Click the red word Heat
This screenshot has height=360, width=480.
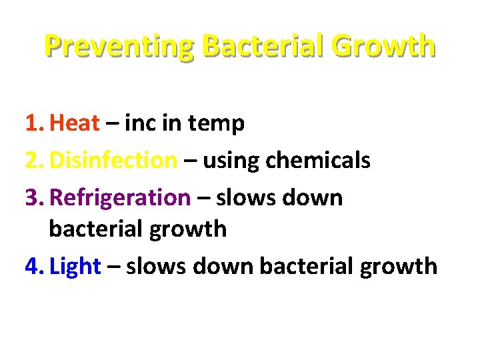pyautogui.click(x=75, y=123)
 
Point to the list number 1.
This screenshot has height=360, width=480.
pyautogui.click(x=33, y=123)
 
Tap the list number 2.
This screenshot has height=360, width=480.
pyautogui.click(x=33, y=161)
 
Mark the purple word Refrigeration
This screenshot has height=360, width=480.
pyautogui.click(x=120, y=199)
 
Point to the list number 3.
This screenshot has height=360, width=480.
pyautogui.click(x=33, y=198)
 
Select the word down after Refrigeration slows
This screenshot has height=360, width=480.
pyautogui.click(x=313, y=198)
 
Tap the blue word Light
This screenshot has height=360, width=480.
pyautogui.click(x=75, y=267)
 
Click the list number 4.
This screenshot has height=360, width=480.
pyautogui.click(x=33, y=267)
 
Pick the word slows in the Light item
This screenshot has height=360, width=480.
pyautogui.click(x=157, y=267)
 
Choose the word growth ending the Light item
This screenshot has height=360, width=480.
pyautogui.click(x=398, y=267)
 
